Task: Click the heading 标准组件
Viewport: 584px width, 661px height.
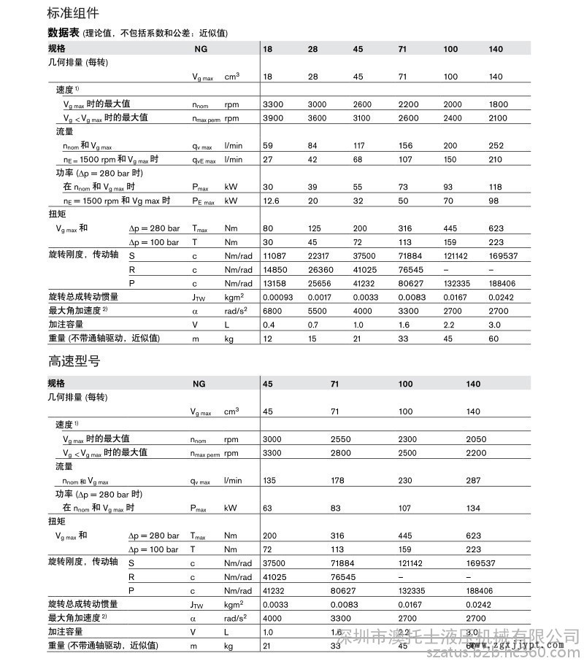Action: click(x=72, y=13)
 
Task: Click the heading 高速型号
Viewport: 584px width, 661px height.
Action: click(x=72, y=360)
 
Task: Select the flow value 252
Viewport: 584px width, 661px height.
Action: click(x=496, y=145)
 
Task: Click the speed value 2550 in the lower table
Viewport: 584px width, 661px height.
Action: click(x=340, y=439)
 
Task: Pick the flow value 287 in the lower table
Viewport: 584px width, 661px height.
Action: click(x=473, y=481)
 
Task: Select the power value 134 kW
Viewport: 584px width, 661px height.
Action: click(x=473, y=508)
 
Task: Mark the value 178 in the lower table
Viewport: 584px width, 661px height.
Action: click(x=337, y=481)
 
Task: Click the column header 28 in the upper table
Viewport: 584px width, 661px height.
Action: click(x=312, y=49)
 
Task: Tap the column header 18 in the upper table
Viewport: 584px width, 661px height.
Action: click(x=267, y=49)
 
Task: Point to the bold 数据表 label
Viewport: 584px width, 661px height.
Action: click(x=63, y=33)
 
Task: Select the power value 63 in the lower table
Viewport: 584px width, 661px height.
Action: click(x=267, y=508)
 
